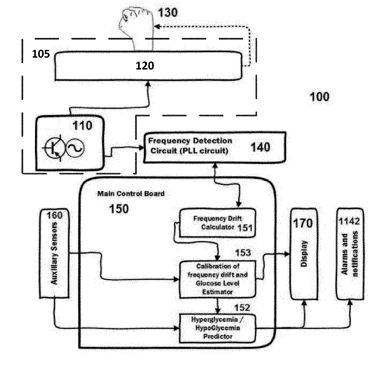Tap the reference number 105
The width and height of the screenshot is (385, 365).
[41, 54]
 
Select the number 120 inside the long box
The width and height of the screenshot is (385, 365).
[145, 66]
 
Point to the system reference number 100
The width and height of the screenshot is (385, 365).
[319, 97]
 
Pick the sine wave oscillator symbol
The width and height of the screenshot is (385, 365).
[75, 148]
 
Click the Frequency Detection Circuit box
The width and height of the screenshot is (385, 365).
[214, 147]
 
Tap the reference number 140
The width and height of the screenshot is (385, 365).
[260, 147]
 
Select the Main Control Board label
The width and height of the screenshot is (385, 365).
[131, 194]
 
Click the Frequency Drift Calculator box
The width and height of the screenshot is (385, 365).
[218, 223]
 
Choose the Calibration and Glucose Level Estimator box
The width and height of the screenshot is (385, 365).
[218, 279]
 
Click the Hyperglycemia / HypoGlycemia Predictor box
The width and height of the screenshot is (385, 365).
[218, 328]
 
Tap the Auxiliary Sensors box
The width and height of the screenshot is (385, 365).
[54, 253]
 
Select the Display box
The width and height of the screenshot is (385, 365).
[304, 253]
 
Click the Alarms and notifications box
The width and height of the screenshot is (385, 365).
[350, 253]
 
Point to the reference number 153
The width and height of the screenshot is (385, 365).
[243, 253]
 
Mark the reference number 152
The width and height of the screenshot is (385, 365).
[242, 307]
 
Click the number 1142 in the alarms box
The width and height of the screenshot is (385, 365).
[349, 221]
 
